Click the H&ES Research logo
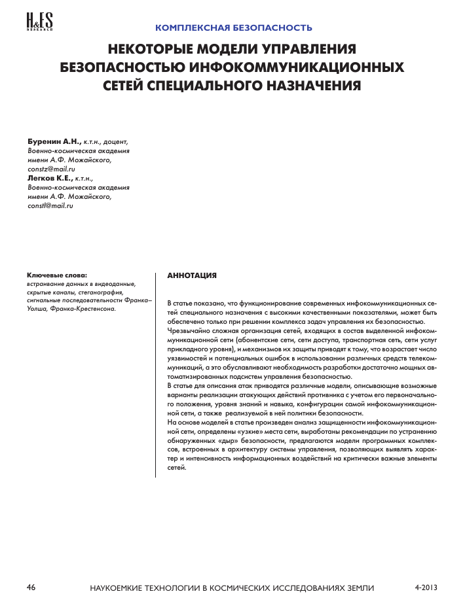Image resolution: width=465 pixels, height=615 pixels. (39, 22)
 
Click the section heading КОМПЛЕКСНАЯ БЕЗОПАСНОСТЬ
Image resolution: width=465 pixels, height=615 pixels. (233, 28)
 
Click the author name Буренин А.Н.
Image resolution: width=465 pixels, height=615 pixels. (54, 141)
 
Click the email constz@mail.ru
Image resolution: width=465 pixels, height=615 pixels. (52, 169)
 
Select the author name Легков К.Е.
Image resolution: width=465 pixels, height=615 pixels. (50, 178)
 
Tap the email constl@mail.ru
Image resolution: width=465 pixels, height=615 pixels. (50, 205)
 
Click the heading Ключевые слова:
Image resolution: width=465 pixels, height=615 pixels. (57, 275)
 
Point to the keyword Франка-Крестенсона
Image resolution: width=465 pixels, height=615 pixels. (87, 309)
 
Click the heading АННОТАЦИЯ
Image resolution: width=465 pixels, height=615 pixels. (192, 276)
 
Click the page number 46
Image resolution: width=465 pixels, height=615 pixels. (31, 588)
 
